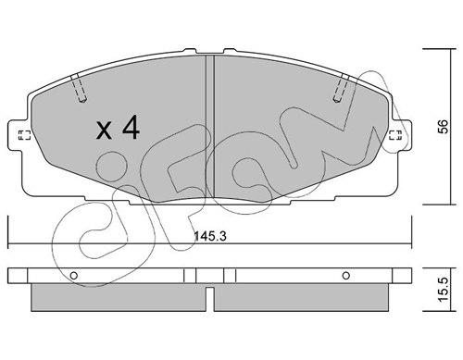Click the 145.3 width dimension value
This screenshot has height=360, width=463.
coord(210,237)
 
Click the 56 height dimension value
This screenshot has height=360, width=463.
coord(444,126)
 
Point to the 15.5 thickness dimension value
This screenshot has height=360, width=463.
coord(444,290)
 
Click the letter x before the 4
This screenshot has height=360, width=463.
coord(104,130)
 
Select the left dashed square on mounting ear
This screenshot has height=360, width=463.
coord(24,135)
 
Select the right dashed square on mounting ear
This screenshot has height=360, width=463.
coord(396,135)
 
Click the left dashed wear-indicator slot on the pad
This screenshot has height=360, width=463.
coord(79,89)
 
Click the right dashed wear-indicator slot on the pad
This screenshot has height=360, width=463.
coord(341,89)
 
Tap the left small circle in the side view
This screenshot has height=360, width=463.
coord(74,275)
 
